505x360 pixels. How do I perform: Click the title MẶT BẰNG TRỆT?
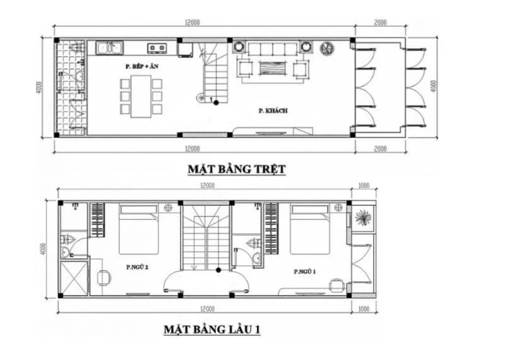pos(237,169)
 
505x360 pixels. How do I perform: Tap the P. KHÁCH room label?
pos(273,111)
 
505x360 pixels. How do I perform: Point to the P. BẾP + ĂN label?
pos(140,66)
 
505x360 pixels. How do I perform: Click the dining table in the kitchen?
pos(141,96)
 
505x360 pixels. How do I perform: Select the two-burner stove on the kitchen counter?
pos(157,47)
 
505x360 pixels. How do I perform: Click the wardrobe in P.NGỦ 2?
pos(97,220)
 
